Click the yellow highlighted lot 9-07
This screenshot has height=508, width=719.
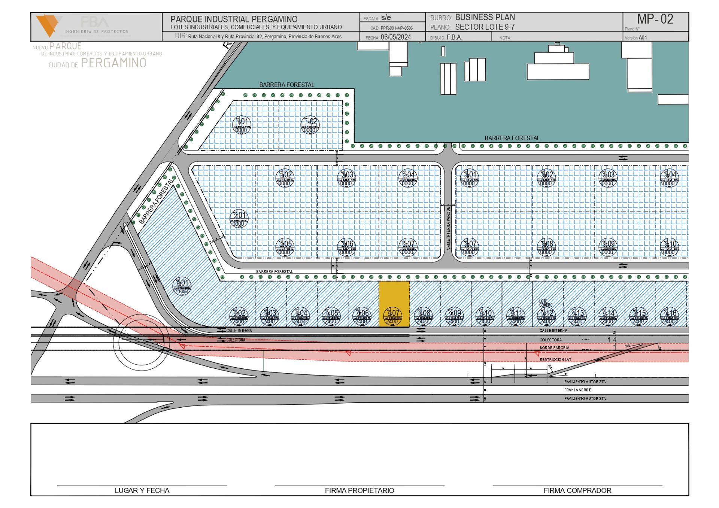pyautogui.click(x=394, y=303)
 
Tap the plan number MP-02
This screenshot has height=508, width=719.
pyautogui.click(x=655, y=19)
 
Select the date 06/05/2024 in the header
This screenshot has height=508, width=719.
pyautogui.click(x=395, y=37)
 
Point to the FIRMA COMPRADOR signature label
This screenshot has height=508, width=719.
pyautogui.click(x=577, y=490)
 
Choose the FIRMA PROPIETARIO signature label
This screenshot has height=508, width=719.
pyautogui.click(x=359, y=490)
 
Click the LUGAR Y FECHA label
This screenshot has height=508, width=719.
pyautogui.click(x=142, y=490)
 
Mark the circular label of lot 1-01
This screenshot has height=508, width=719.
pyautogui.click(x=242, y=125)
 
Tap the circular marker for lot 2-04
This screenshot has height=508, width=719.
pyautogui.click(x=407, y=178)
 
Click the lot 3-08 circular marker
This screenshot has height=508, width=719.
pyautogui.click(x=546, y=247)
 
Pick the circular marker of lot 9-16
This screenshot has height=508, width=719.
pyautogui.click(x=669, y=316)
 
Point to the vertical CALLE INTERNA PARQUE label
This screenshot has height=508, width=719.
pyautogui.click(x=448, y=228)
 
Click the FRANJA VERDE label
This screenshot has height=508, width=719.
pyautogui.click(x=577, y=390)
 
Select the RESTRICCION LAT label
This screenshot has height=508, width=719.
pyautogui.click(x=555, y=360)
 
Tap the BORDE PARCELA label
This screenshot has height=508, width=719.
pyautogui.click(x=554, y=348)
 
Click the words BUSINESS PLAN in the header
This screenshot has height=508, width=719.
pyautogui.click(x=485, y=18)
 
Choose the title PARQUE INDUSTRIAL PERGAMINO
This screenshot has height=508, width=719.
pyautogui.click(x=234, y=19)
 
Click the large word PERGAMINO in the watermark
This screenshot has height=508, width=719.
pyautogui.click(x=113, y=63)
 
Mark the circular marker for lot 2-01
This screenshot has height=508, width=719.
pyautogui.click(x=239, y=219)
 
